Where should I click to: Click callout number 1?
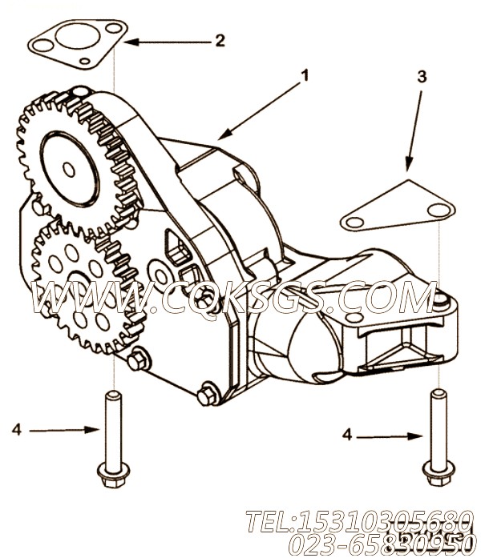click(x=304, y=76)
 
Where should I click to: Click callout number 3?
click(x=422, y=78)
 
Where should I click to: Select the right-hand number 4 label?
click(x=347, y=435)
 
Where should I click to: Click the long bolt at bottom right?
click(x=439, y=436)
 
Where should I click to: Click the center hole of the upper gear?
click(x=68, y=169)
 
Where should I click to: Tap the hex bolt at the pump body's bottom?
click(x=207, y=395)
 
